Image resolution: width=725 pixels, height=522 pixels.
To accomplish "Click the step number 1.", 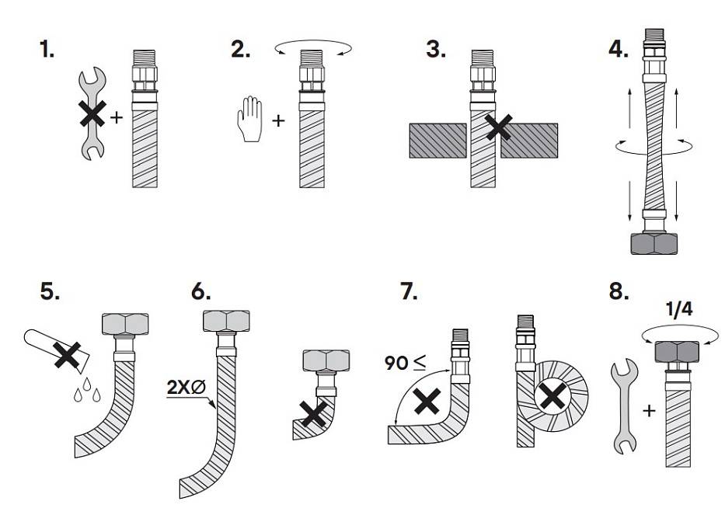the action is point(47,49).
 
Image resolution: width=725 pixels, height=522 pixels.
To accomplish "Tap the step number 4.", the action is point(619,49).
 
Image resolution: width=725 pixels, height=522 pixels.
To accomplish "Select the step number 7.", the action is point(409,292).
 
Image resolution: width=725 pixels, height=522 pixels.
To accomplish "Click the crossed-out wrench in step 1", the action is point(93,113).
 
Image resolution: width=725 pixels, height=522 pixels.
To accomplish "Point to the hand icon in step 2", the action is point(249,119).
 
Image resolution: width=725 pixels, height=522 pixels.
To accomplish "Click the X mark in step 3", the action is point(499,127).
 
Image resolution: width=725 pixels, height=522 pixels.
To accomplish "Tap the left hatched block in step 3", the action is point(437,141).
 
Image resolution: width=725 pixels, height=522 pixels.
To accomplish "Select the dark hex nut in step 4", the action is point(654,244).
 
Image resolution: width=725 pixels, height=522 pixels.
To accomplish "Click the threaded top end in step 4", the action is point(654,36).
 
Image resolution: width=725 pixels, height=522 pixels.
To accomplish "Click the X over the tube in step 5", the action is point(68,355).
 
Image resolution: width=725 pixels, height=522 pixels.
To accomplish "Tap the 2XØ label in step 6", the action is point(186,388).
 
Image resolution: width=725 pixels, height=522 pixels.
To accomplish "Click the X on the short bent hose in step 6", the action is point(313,414).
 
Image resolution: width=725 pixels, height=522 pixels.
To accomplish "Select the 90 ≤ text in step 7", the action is point(405,363).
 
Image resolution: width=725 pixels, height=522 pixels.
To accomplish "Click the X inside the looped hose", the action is point(551,397).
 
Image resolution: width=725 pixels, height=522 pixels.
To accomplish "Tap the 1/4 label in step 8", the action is point(679,309).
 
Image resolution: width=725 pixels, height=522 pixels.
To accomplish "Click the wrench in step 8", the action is point(625,407).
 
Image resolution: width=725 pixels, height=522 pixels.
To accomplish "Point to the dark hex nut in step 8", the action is point(677,351).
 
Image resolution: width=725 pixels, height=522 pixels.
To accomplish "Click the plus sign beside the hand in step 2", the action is point(278,120).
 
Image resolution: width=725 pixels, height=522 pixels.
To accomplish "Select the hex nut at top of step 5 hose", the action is point(125,324).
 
